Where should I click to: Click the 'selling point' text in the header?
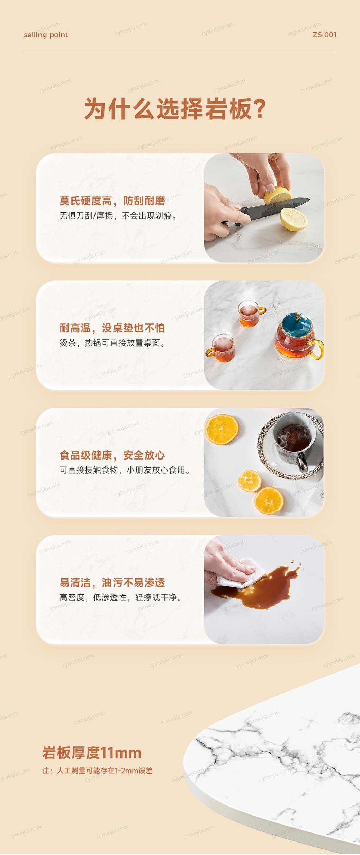pos(46,35)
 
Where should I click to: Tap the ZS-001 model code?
pos(324,35)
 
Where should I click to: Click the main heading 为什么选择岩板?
pos(175,109)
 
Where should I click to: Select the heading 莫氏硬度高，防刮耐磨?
pos(112,201)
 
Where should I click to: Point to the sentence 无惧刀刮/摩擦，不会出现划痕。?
pos(118,216)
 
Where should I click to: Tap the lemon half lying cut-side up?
pos(294,219)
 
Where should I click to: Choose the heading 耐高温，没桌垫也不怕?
pos(112,328)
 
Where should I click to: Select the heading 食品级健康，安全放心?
pos(112,455)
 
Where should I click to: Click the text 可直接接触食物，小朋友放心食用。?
pos(125,470)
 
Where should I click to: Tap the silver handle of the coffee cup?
pos(302,462)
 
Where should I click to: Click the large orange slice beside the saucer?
pos(222,429)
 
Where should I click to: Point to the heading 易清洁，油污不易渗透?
pos(112,582)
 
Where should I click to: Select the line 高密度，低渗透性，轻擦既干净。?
pos(121,597)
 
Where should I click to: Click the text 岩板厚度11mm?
pos(92,753)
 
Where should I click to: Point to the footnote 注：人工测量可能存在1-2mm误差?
pos(97,771)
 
